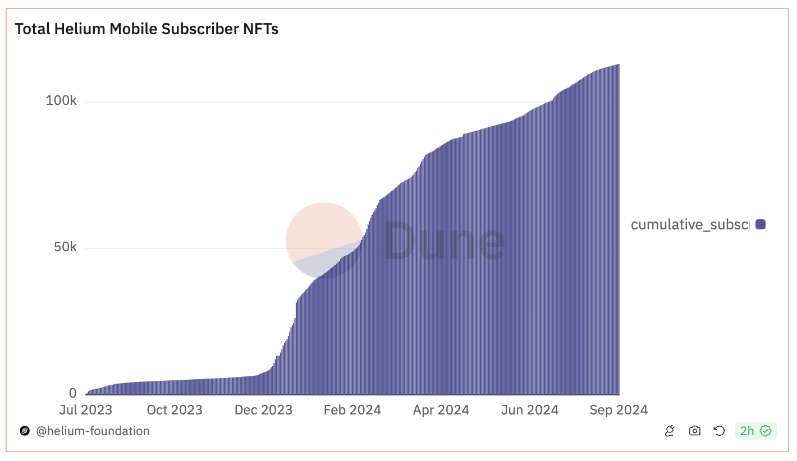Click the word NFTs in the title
pyautogui.click(x=260, y=29)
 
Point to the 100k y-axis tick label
pyautogui.click(x=61, y=101)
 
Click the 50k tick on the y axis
pyautogui.click(x=65, y=247)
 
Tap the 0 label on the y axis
pyautogui.click(x=73, y=393)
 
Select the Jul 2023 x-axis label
pyautogui.click(x=85, y=410)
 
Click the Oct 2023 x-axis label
pyautogui.click(x=175, y=410)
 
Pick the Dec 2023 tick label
pyautogui.click(x=263, y=410)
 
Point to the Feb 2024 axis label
pyautogui.click(x=352, y=410)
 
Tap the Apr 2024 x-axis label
pyautogui.click(x=441, y=410)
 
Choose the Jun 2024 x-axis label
pyautogui.click(x=530, y=410)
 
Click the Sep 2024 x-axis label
pyautogui.click(x=619, y=410)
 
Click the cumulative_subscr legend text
pyautogui.click(x=690, y=225)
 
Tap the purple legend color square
pyautogui.click(x=761, y=225)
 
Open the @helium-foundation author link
pyautogui.click(x=93, y=431)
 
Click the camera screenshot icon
pyautogui.click(x=695, y=431)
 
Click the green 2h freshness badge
pyautogui.click(x=755, y=431)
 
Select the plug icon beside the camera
pyautogui.click(x=670, y=431)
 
